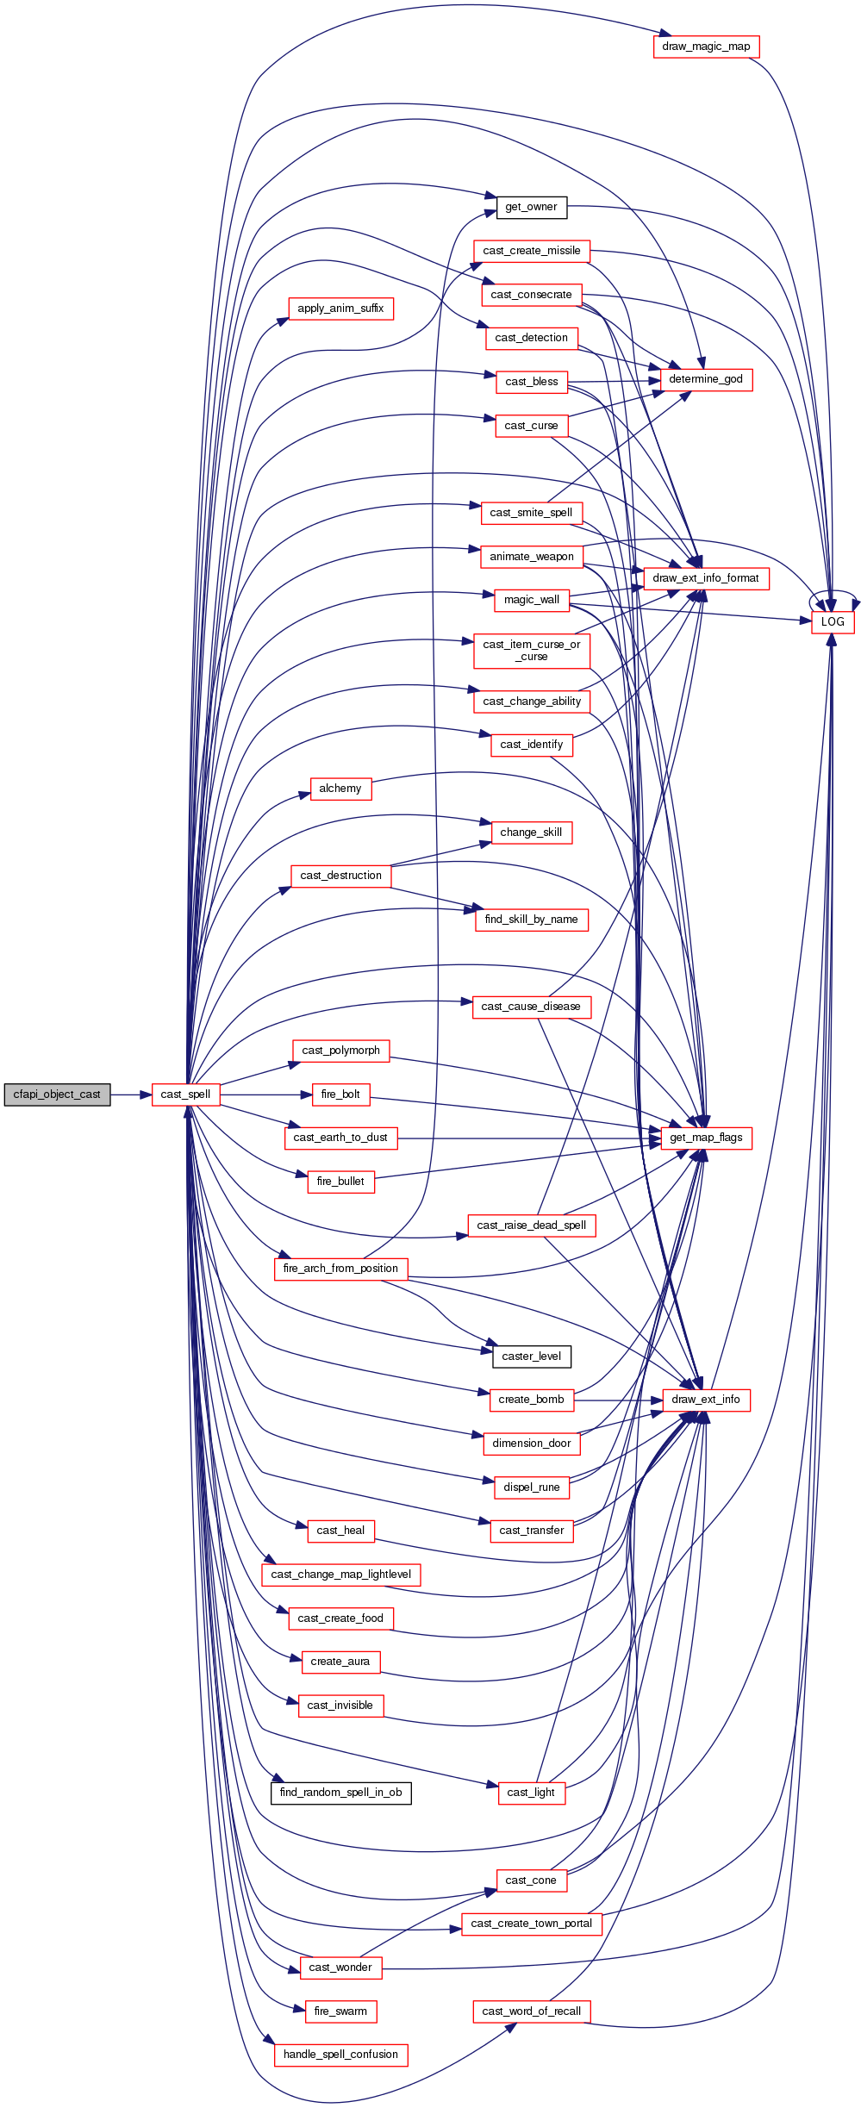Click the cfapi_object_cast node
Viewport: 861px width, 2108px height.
click(x=57, y=1095)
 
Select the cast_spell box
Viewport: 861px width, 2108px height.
click(x=185, y=1095)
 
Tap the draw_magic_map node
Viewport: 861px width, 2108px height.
click(x=706, y=47)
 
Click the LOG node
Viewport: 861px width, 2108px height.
click(x=833, y=621)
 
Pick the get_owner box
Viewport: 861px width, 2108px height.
click(x=531, y=207)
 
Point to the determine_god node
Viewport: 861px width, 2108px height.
click(x=706, y=379)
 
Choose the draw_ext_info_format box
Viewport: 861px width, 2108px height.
click(x=706, y=578)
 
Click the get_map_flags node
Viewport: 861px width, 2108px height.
click(x=706, y=1138)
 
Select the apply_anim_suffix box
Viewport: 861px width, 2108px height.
click(x=340, y=309)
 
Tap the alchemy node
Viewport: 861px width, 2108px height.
click(x=340, y=789)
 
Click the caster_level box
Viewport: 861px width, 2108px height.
click(x=531, y=1356)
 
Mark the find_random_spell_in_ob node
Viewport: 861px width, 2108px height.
click(x=340, y=1793)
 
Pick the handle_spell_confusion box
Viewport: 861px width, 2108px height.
click(x=340, y=2055)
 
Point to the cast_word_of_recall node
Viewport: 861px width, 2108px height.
click(x=531, y=2011)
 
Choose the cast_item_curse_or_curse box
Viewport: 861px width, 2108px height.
click(x=531, y=651)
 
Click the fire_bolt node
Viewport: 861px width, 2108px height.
click(x=340, y=1095)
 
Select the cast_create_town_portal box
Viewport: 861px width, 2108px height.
click(x=531, y=1924)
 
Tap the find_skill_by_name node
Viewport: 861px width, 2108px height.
click(x=531, y=920)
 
